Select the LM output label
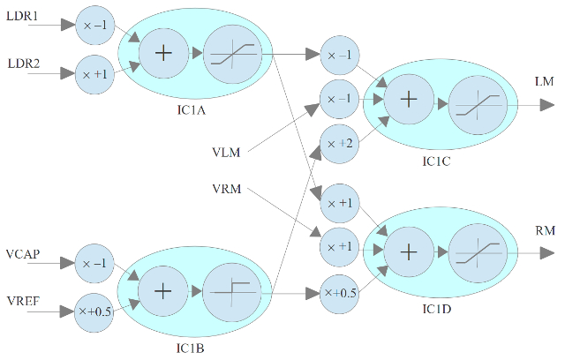pos(545,82)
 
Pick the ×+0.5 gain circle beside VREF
pos(94,311)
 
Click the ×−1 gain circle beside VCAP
pos(94,263)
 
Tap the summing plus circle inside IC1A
pos(162,53)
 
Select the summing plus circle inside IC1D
pos(408,251)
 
